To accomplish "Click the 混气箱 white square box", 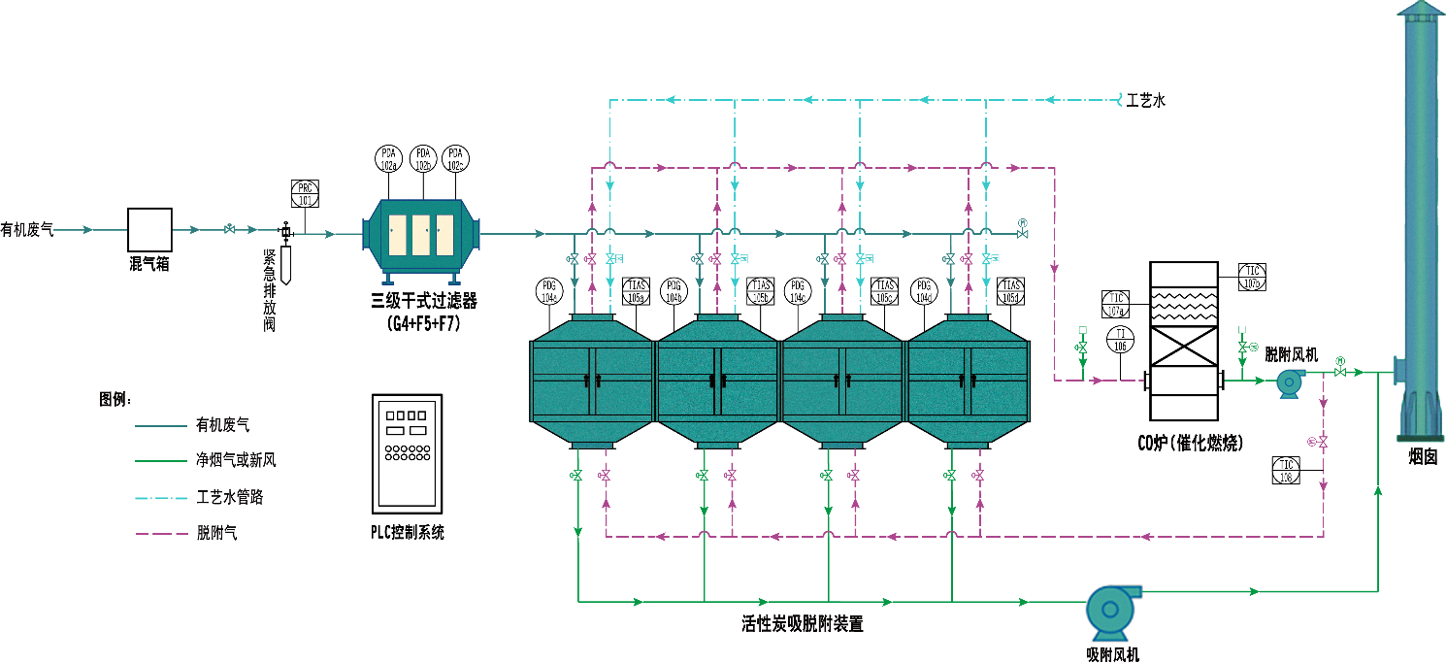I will coord(150,230).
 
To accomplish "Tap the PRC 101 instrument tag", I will coord(305,193).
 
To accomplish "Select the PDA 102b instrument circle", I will coord(422,158).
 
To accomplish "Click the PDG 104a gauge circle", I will coord(549,291).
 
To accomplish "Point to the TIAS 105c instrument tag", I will coord(885,291).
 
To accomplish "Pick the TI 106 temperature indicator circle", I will coord(1121,339).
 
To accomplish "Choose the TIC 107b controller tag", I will coord(1253,277).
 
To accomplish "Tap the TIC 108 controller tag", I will coord(1287,470).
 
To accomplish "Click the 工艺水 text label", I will coord(1145,100).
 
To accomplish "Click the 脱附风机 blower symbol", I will coord(1290,382).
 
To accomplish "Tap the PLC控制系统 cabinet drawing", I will coord(407,454).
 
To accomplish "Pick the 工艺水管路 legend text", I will coord(230,498).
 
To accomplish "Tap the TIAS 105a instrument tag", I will coord(636,291).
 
